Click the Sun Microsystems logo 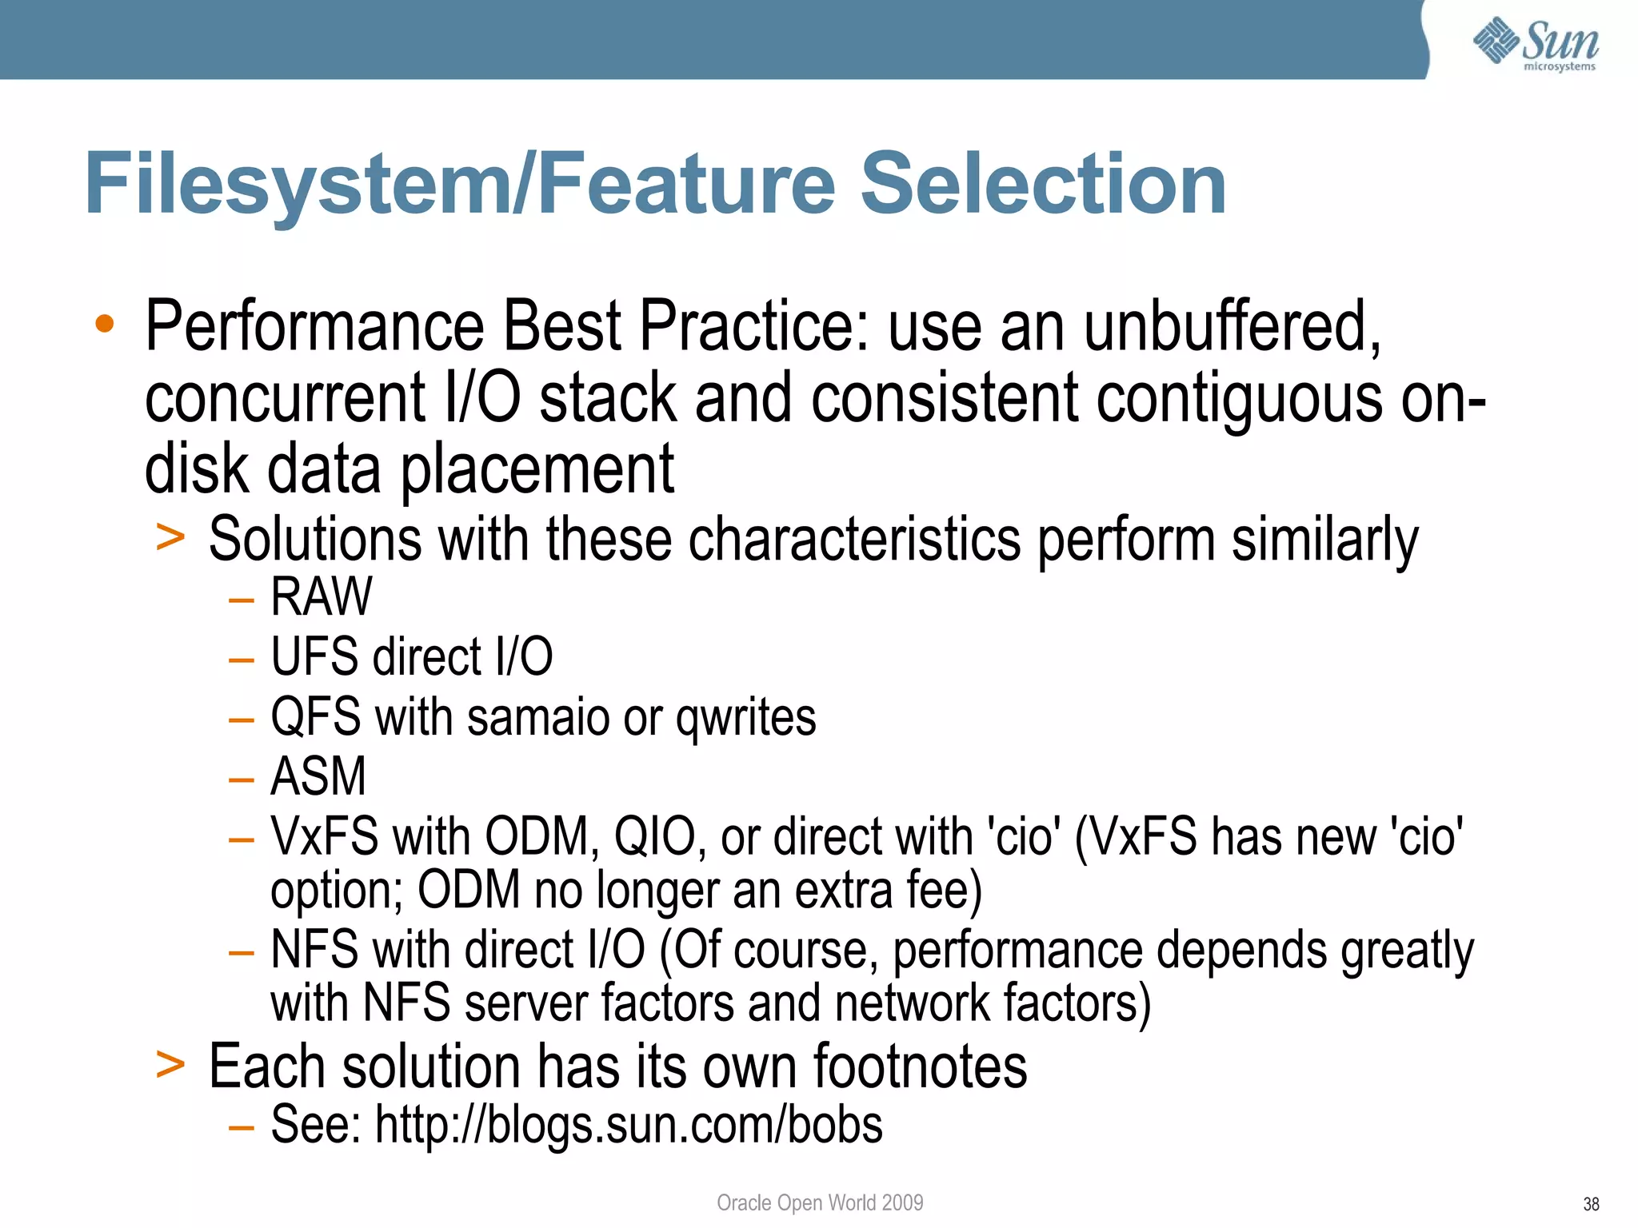coord(1536,43)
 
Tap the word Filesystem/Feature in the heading coord(460,185)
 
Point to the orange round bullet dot coord(104,324)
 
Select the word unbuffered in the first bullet coord(1232,326)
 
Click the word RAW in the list coord(322,596)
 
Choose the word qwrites coord(745,718)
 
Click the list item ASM coord(318,776)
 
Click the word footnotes coord(920,1067)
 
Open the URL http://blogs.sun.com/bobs coord(629,1125)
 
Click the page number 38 coord(1591,1204)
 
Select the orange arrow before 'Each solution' coord(170,1064)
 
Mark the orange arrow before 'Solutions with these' coord(170,536)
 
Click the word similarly coord(1324,540)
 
